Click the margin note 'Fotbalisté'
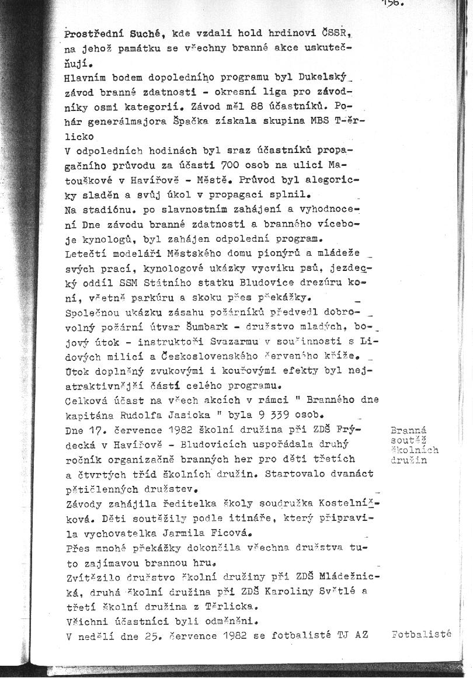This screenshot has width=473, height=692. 422,632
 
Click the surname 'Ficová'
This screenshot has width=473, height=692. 229,533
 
